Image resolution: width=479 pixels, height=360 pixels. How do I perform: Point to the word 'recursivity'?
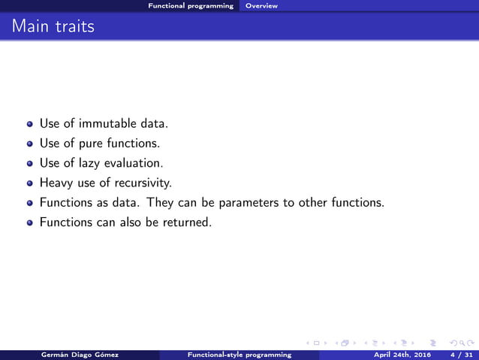click(146, 182)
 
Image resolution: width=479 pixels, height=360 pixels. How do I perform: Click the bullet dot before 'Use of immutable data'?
click(30, 123)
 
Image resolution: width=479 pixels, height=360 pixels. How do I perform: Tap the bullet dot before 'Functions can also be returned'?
click(30, 223)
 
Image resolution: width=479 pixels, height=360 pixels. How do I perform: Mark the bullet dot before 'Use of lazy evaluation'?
click(30, 162)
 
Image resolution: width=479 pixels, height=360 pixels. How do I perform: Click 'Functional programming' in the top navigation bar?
click(191, 6)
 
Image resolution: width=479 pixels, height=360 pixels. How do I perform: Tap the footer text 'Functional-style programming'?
click(239, 355)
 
